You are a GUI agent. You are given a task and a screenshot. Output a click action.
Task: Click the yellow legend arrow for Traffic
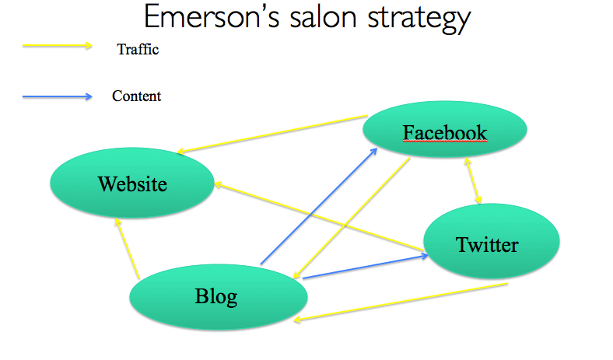pyautogui.click(x=58, y=46)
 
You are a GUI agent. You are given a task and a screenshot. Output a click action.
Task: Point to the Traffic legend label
pyautogui.click(x=138, y=50)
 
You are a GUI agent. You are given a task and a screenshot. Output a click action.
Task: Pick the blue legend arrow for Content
pyautogui.click(x=58, y=96)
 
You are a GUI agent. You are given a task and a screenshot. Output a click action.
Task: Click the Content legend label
pyautogui.click(x=137, y=96)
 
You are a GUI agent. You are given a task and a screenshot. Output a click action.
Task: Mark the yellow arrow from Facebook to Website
pyautogui.click(x=272, y=135)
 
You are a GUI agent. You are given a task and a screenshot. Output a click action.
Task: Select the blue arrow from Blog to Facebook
pyautogui.click(x=319, y=205)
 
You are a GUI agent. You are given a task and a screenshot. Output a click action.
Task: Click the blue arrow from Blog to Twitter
pyautogui.click(x=366, y=265)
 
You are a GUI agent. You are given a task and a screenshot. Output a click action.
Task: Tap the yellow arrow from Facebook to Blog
pyautogui.click(x=352, y=215)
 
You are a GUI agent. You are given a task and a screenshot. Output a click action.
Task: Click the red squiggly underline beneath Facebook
pyautogui.click(x=445, y=143)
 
